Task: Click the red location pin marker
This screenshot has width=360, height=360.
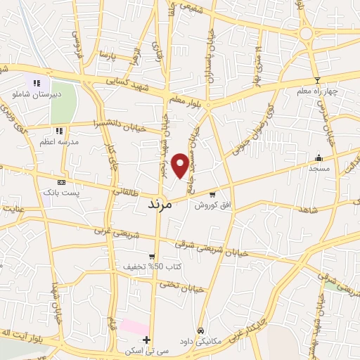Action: coord(181,165)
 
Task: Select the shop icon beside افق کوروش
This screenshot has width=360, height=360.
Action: coord(212,195)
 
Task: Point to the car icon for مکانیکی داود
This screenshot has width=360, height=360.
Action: coord(201,330)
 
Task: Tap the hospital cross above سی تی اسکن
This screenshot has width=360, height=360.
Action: coord(146,340)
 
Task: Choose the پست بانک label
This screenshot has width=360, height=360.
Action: coord(59,192)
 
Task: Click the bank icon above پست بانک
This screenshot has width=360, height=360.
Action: coord(61,182)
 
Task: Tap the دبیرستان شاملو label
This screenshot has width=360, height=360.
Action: coord(41,93)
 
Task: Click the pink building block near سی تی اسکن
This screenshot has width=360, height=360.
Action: coord(133,327)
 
